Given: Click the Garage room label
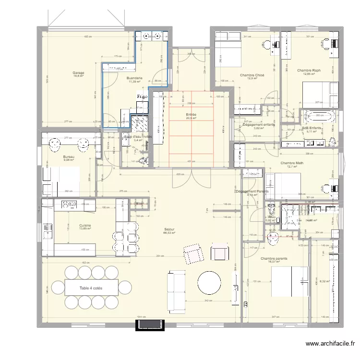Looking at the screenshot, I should (x=79, y=73).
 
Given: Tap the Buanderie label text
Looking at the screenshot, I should (x=133, y=78).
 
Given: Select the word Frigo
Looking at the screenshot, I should (x=142, y=96).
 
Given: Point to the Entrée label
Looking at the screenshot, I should (x=191, y=115).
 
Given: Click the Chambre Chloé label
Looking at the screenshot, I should (x=252, y=75).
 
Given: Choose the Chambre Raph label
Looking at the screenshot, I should (x=309, y=70).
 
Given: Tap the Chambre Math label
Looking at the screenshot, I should (x=292, y=163).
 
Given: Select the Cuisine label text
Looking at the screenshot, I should (x=85, y=225).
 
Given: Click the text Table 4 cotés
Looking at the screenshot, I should (x=91, y=288).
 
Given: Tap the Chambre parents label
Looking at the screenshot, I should (x=274, y=258).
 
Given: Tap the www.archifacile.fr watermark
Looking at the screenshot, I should (x=331, y=344).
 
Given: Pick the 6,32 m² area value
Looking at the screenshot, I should (x=325, y=281).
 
